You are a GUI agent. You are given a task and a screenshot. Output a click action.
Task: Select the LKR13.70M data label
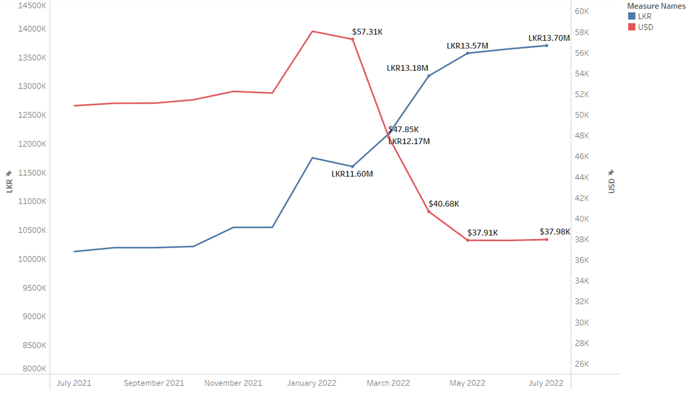point(549,38)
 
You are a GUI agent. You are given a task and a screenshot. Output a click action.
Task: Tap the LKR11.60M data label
point(352,174)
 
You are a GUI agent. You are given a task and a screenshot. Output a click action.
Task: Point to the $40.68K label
point(444,203)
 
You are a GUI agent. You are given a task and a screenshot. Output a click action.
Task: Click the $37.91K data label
point(482,232)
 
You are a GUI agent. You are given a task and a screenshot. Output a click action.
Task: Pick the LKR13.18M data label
point(407,68)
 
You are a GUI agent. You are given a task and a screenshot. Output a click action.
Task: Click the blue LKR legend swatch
point(632,16)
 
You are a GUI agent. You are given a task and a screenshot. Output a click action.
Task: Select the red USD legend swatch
point(632,27)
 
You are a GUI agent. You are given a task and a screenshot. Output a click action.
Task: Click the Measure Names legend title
point(656,6)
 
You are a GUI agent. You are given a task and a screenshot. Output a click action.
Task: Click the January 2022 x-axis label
point(312,383)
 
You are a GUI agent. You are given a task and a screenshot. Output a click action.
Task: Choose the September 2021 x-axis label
point(154,383)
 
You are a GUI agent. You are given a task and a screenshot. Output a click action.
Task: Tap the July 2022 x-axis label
point(546,383)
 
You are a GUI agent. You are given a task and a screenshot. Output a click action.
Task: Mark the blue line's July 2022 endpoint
point(546,45)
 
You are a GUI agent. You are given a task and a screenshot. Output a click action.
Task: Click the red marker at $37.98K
point(546,240)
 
